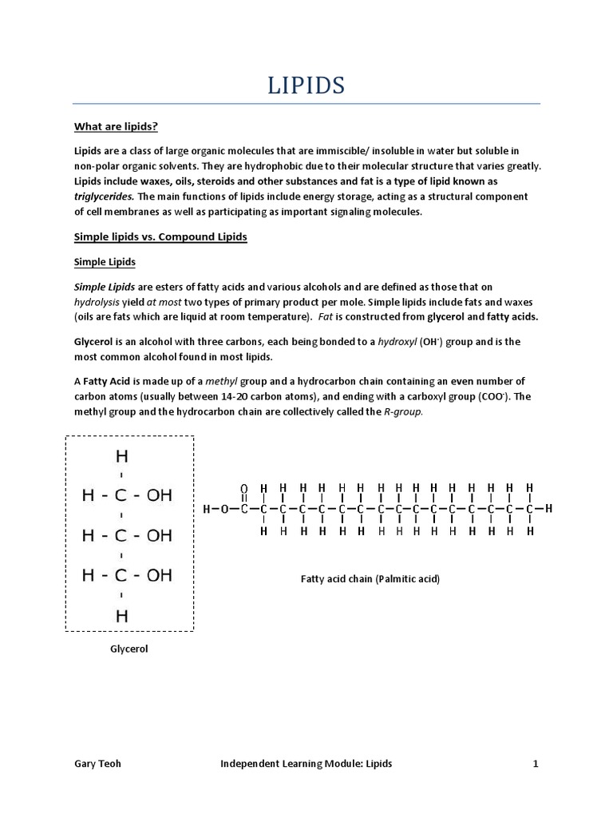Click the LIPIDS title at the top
coord(306,85)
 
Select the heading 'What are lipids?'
coord(116,126)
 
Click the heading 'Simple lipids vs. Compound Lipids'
coord(160,237)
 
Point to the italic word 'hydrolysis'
coord(101,301)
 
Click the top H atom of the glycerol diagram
coord(121,457)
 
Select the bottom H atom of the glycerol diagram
coord(121,616)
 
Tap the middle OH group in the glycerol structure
coord(159,535)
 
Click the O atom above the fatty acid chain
coord(243,487)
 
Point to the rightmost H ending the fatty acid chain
coord(548,509)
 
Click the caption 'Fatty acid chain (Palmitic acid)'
coord(370,578)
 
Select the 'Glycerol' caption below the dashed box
coord(129,649)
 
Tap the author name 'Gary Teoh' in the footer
coord(99,764)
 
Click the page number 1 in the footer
coord(536,764)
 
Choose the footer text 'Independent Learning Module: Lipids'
coord(306,764)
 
